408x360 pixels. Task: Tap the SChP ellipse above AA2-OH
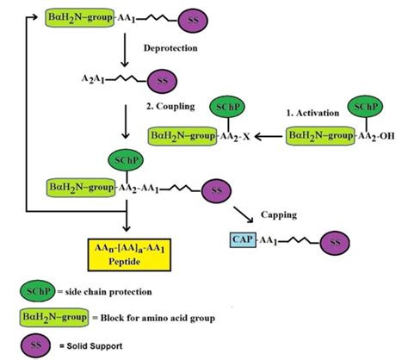point(364,108)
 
